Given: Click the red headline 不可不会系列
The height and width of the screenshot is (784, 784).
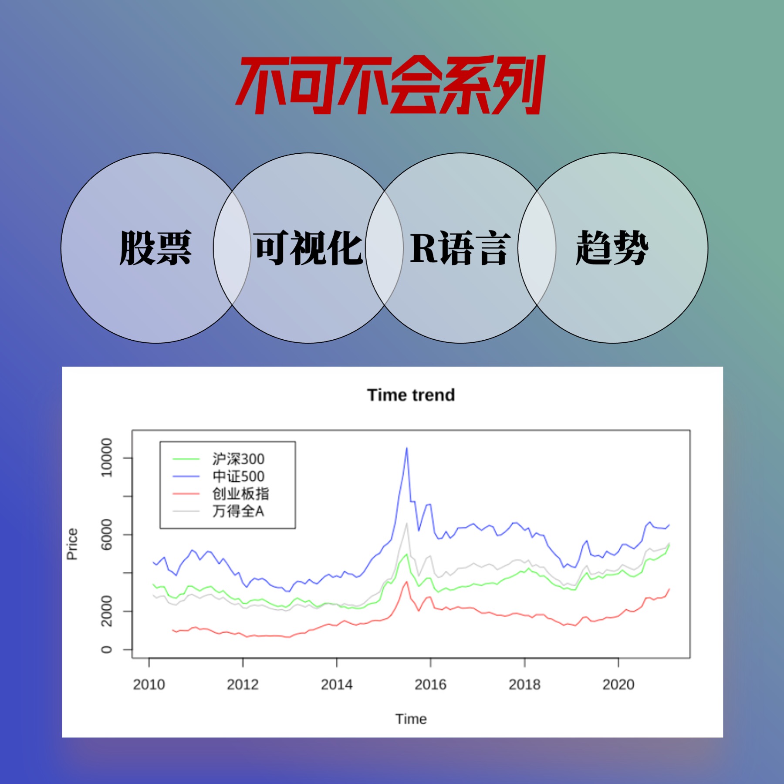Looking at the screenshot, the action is [390, 85].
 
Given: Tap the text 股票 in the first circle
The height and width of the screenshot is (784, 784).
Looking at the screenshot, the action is [155, 248].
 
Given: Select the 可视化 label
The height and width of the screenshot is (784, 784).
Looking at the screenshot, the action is [308, 248].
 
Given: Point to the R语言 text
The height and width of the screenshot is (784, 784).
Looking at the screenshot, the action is [460, 248].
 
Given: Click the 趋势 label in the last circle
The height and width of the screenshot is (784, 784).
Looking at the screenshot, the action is [612, 248].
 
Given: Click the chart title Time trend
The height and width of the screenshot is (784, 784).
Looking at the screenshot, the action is [411, 395].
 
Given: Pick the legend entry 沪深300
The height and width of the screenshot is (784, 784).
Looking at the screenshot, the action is [238, 459].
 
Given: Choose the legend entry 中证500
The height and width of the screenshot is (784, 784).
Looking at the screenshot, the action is [238, 476].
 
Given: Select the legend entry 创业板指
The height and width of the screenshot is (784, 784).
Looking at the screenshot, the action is [240, 493].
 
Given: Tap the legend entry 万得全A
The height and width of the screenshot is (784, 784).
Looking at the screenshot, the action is [238, 511].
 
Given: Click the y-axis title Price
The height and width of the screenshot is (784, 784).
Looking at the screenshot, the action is [72, 544].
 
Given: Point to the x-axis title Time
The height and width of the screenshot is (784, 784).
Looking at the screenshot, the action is [411, 719].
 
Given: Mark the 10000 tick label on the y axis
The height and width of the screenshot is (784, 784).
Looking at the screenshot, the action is [106, 458].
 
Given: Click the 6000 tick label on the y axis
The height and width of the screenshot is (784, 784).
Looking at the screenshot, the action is [106, 534].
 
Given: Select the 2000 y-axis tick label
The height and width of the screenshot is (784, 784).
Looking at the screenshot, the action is [106, 611].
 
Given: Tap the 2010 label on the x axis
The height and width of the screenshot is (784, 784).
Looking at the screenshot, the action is [149, 685].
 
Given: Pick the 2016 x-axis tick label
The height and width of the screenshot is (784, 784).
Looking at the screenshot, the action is [430, 685].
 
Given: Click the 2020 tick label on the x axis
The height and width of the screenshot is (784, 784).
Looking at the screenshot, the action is [618, 685].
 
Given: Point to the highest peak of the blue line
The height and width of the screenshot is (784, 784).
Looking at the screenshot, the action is [407, 448].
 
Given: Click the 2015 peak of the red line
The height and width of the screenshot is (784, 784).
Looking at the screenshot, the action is [407, 582].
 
